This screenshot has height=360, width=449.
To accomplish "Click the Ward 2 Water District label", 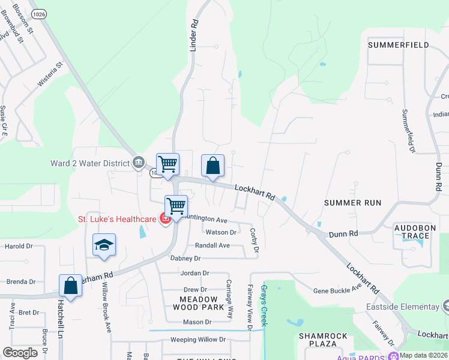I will point(90,163).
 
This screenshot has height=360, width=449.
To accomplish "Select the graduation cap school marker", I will point(104,246).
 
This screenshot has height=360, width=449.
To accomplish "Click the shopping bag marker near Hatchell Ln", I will point(70,287).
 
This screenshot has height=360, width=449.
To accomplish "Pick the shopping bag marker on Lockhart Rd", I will point(213,166).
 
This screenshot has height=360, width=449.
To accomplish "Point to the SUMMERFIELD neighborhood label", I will point(398,45).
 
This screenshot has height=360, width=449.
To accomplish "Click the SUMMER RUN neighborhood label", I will point(352,203).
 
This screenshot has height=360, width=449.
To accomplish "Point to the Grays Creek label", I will point(264,306).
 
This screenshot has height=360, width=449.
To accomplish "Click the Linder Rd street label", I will point(193,35).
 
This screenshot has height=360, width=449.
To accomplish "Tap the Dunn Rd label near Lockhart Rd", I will point(343,233).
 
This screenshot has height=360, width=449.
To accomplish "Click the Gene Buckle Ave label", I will point(337,290).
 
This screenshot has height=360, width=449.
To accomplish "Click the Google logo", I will point(20,353).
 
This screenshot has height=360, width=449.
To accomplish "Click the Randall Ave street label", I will point(212,245).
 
